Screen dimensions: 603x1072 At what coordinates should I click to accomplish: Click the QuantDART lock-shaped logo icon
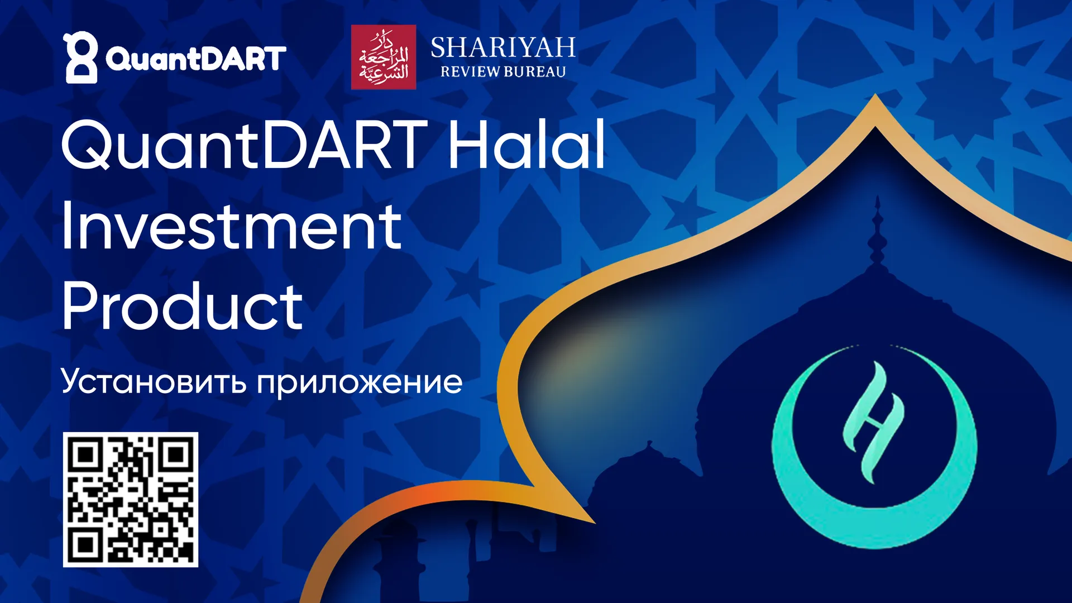81,58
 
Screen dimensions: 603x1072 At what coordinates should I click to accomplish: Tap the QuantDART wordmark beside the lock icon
196,59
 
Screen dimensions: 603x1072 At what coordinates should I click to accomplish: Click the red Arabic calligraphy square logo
383,57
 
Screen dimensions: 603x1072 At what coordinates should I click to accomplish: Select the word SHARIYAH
502,47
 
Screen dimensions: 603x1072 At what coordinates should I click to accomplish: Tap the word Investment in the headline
231,227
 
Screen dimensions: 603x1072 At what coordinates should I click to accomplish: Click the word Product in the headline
182,307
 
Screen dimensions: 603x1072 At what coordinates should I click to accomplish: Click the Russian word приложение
360,383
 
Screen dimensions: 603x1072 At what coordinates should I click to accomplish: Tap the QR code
131,500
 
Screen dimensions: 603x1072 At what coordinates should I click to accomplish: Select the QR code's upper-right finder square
176,454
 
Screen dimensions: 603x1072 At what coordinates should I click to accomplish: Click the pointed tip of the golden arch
875,99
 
